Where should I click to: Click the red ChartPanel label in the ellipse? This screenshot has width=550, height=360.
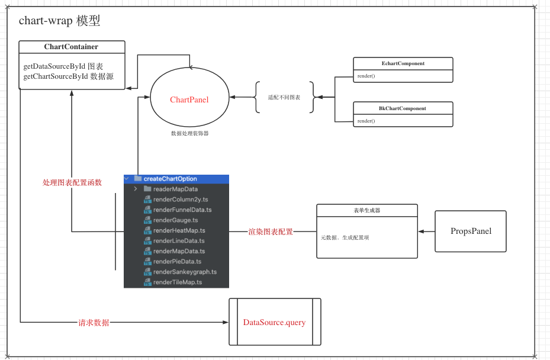pos(189,99)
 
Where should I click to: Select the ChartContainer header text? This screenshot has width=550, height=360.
pos(71,47)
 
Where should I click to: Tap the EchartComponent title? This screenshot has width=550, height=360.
pos(403,63)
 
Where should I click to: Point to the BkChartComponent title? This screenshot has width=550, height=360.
pos(403,108)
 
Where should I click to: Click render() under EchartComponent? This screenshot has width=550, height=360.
pos(366,76)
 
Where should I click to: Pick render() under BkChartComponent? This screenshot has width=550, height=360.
pos(366,121)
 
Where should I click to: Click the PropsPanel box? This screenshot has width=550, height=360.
pos(471,232)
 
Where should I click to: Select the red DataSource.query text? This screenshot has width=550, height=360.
pos(274,322)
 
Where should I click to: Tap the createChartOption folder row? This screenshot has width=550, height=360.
pos(176,179)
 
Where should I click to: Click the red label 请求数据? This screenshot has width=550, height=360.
pos(94,323)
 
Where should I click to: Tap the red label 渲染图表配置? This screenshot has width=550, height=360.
pos(271,232)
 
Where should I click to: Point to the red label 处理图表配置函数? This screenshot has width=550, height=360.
pos(72,182)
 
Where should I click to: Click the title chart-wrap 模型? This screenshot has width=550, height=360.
pos(59,21)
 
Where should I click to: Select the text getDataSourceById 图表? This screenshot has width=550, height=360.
pos(63,66)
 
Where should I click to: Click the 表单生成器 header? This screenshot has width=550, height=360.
pos(367,211)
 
